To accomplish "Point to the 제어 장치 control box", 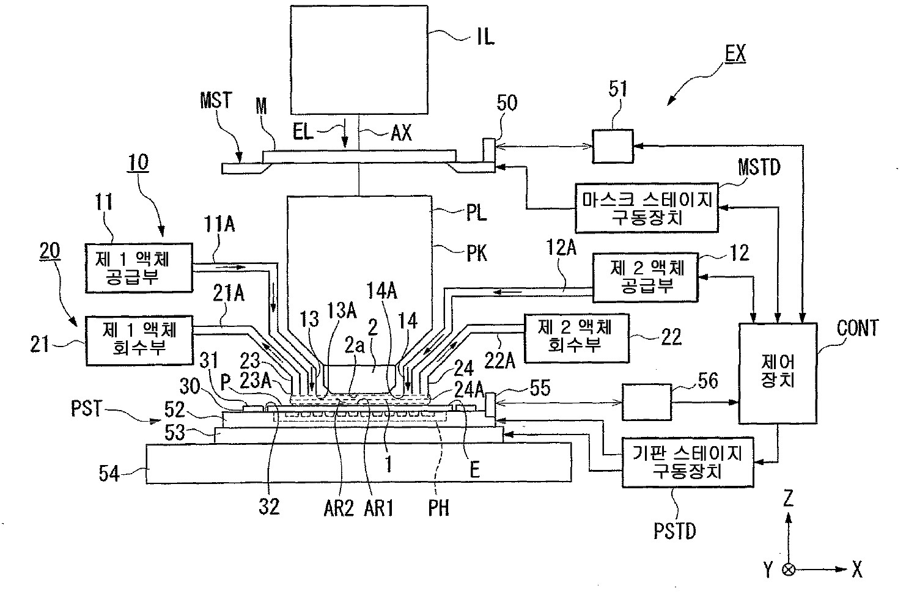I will coord(777,373).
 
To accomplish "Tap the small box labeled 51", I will coord(613,146).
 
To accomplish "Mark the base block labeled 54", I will coord(359,463).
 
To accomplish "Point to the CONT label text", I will coord(858,328).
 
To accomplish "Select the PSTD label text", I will coord(674,530).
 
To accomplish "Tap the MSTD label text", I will coord(759,167).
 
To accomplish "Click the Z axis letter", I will coord(788,500).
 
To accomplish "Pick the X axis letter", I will coord(857,570).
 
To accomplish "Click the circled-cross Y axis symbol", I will coord(789,570).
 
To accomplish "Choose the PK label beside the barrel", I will coord(477,252).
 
